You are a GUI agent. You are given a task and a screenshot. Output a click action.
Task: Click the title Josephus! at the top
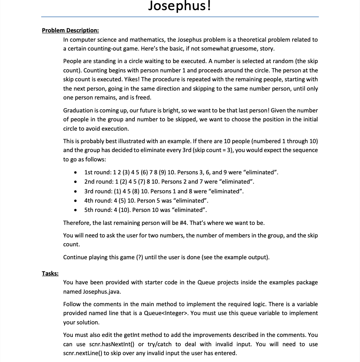coord(180,6)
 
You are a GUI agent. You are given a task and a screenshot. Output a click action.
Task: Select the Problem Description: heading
coord(70,30)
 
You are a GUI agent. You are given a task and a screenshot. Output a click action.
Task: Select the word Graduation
coord(78,110)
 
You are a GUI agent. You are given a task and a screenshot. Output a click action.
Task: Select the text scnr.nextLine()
coord(83,353)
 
